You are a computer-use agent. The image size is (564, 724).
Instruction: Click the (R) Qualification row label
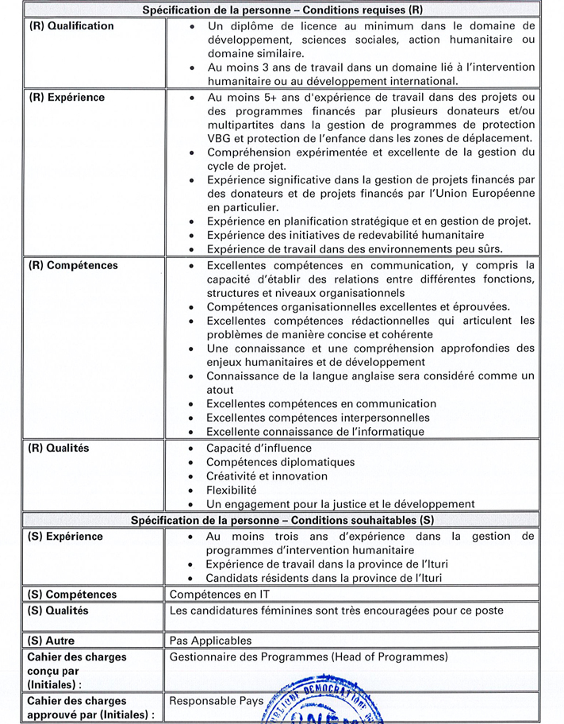coord(71,26)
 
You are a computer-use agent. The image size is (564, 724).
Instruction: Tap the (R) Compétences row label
coord(72,265)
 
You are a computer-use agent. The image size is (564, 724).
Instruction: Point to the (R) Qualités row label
coord(59,448)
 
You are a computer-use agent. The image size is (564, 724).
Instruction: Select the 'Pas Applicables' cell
coord(210,640)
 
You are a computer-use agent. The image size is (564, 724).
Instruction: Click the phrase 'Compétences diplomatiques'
coord(280,462)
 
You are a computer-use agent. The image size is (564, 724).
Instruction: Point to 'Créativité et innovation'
coord(267,476)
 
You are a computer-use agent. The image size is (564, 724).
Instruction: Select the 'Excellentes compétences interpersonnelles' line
coord(317,418)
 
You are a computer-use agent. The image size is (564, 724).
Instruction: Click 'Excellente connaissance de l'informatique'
coord(315,432)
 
